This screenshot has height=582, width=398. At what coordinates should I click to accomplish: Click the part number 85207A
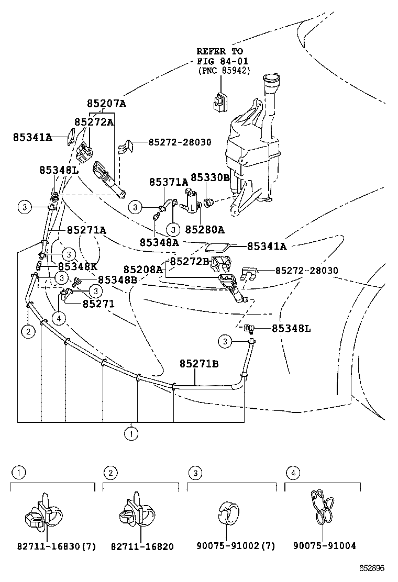pos(106,104)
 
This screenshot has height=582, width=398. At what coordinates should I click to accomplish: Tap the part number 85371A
pos(169,182)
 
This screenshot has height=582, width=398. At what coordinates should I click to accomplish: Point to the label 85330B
pos(210,178)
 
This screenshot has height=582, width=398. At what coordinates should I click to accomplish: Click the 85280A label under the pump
pos(205,229)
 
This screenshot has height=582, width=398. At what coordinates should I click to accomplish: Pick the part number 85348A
pos(159,242)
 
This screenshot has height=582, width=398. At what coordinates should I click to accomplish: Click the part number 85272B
pos(190,261)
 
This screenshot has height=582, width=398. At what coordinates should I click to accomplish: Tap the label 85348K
pos(78,266)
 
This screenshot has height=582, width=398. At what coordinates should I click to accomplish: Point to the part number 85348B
pos(117,279)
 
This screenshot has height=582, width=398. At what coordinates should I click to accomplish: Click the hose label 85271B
pos(199,363)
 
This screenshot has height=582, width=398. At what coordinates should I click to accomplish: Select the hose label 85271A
pos(86,230)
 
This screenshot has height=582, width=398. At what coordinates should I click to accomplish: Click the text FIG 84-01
pos(219,61)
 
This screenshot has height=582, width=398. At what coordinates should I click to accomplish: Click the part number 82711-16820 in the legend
pos(142,546)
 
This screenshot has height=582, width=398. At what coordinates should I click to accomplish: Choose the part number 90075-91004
pos(324,546)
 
